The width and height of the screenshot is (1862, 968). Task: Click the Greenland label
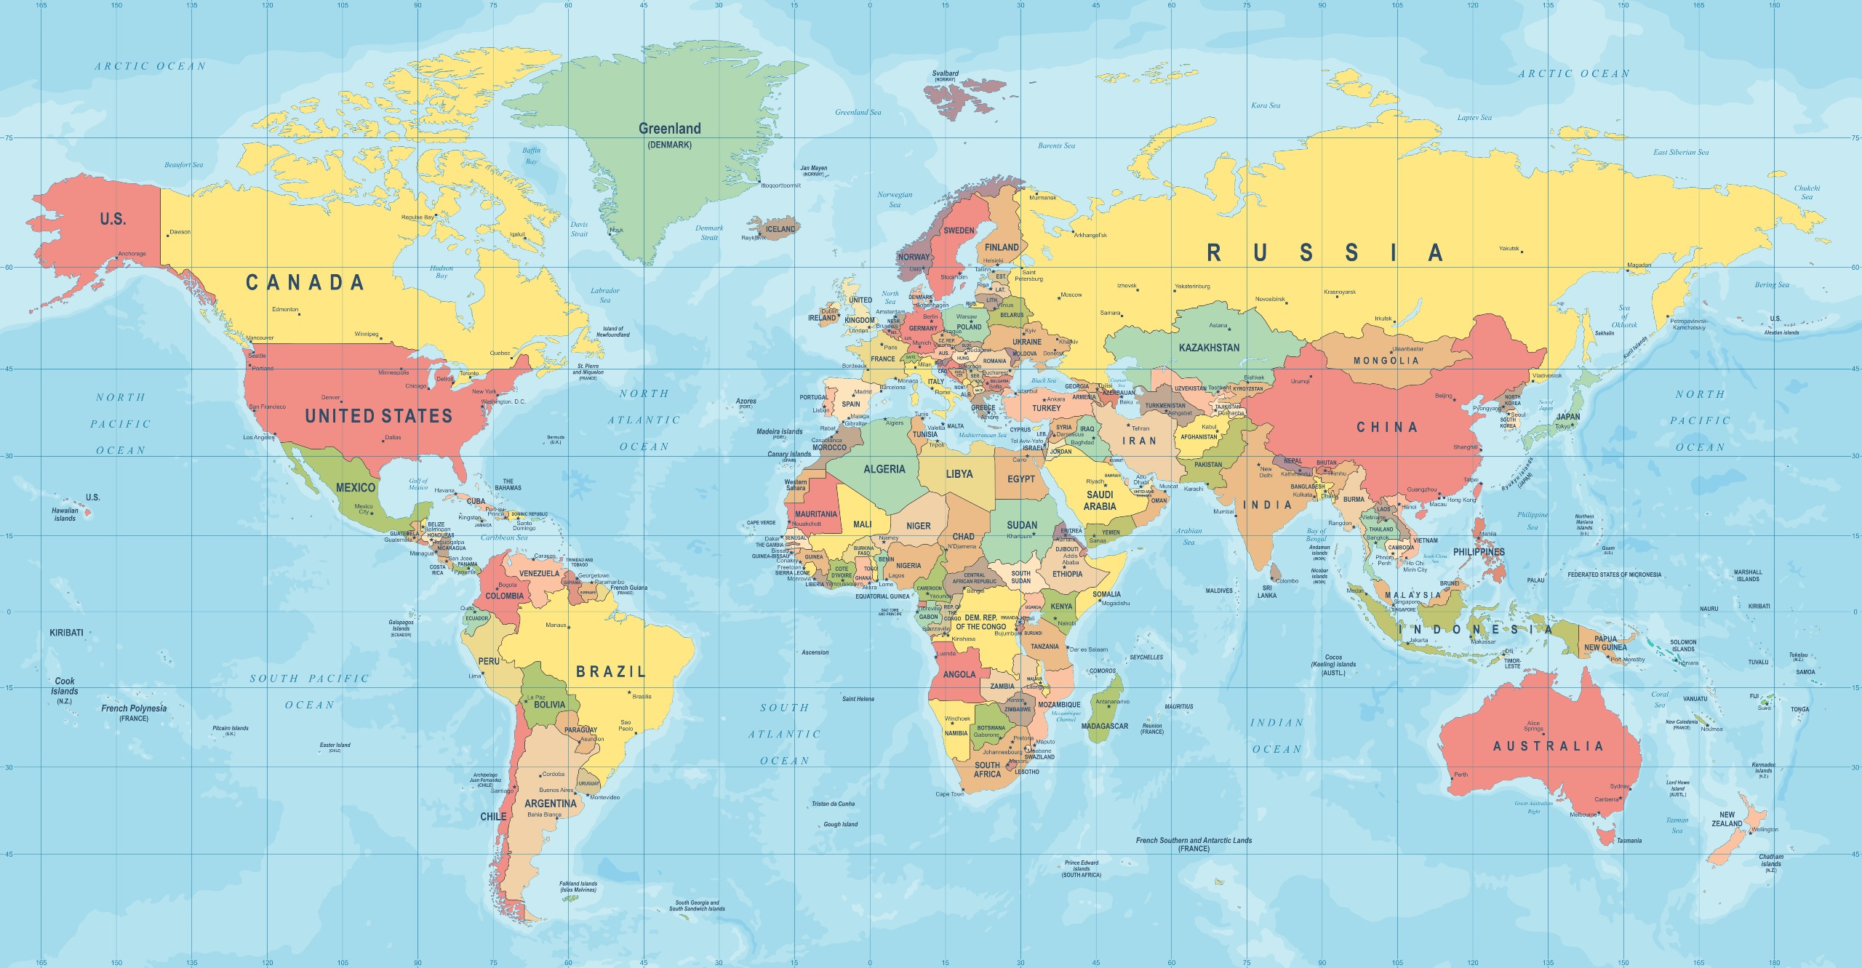(669, 129)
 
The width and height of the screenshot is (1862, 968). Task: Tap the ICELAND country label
(780, 229)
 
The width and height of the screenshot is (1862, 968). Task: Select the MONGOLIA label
(1386, 361)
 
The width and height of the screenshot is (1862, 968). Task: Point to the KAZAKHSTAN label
(1209, 348)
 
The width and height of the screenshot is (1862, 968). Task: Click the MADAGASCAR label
(1104, 726)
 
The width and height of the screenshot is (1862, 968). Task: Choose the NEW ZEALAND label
(1727, 819)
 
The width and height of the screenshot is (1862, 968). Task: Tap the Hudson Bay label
(441, 272)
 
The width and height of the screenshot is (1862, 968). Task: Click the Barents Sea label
(1056, 145)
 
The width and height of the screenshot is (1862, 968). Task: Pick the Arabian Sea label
(1188, 536)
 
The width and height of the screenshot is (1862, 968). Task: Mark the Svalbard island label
(945, 73)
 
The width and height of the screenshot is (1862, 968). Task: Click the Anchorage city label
(132, 254)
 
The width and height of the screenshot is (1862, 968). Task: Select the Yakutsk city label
(1509, 249)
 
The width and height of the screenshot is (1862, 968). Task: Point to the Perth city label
(1461, 775)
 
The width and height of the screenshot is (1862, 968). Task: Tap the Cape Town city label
(949, 793)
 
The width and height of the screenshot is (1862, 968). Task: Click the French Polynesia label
(134, 708)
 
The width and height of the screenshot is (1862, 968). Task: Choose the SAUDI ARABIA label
(1100, 500)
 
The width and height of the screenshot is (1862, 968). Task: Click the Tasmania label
(1629, 841)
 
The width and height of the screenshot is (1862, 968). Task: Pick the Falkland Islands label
(578, 887)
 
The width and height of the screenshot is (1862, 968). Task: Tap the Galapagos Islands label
(401, 625)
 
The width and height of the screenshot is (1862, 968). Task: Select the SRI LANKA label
(1266, 591)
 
